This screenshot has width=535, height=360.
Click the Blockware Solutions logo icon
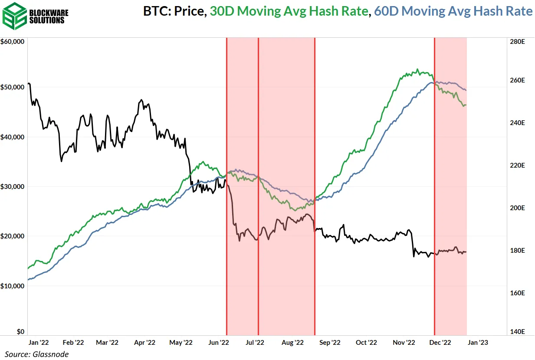pyautogui.click(x=15, y=16)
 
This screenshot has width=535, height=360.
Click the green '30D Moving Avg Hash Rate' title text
pyautogui.click(x=289, y=11)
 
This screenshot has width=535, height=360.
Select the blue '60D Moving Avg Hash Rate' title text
pyautogui.click(x=453, y=11)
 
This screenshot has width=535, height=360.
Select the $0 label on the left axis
pyautogui.click(x=20, y=332)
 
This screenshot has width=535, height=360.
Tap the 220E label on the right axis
pyautogui.click(x=518, y=165)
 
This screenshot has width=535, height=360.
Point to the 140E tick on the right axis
pyautogui.click(x=518, y=332)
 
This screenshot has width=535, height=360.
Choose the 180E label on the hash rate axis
pyautogui.click(x=518, y=251)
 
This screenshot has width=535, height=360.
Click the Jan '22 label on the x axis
pyautogui.click(x=39, y=342)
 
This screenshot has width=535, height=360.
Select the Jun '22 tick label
pyautogui.click(x=218, y=342)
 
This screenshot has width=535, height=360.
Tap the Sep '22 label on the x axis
pyautogui.click(x=330, y=342)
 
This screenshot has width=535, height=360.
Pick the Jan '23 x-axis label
pyautogui.click(x=479, y=342)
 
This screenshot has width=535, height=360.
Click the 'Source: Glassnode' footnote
pyautogui.click(x=37, y=354)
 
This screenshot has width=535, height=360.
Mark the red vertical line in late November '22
pyautogui.click(x=434, y=187)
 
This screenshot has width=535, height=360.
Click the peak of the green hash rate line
pyautogui.click(x=417, y=69)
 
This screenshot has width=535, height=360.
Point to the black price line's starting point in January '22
pyautogui.click(x=28, y=83)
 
